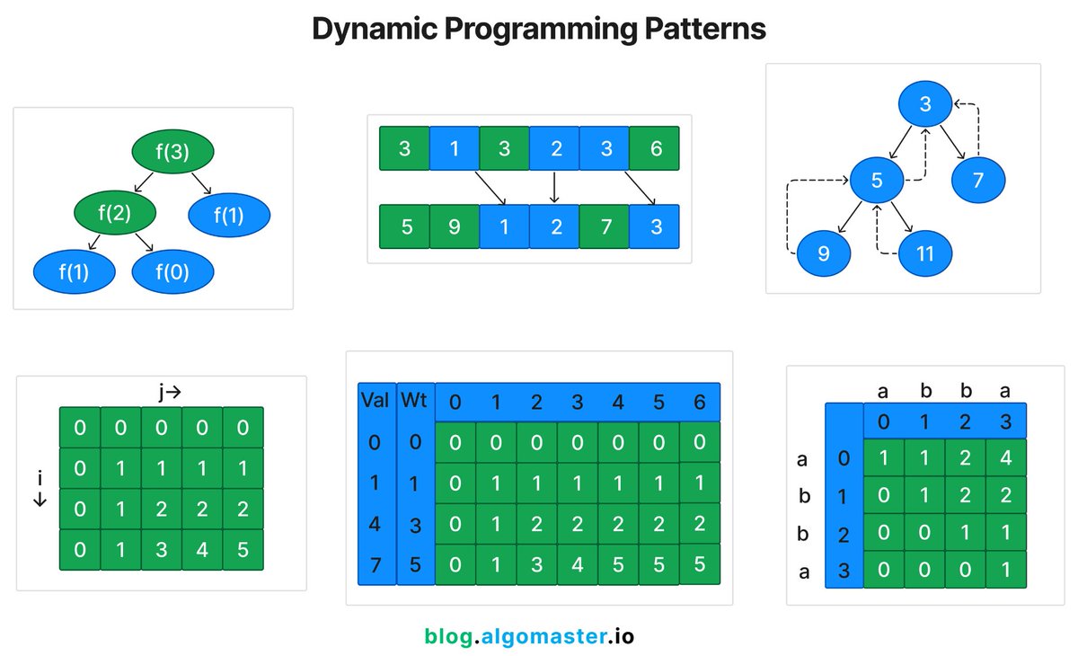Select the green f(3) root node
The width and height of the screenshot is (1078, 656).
172,152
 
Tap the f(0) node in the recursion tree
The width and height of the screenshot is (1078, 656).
172,271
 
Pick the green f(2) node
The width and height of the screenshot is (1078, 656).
115,212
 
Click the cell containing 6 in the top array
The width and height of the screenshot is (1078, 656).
655,148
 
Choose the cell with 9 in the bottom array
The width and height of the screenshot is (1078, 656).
455,226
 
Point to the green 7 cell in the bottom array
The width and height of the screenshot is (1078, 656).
605,226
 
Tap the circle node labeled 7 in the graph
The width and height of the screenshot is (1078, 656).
978,181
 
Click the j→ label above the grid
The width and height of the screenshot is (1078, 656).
168,392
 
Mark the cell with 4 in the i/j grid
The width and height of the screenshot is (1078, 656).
202,549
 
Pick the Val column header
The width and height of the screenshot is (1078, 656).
374,400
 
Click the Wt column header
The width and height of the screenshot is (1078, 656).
414,400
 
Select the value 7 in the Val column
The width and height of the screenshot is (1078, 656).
374,563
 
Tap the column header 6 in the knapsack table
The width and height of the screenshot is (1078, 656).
699,401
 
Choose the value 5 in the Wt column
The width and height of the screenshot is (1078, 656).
414,563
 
